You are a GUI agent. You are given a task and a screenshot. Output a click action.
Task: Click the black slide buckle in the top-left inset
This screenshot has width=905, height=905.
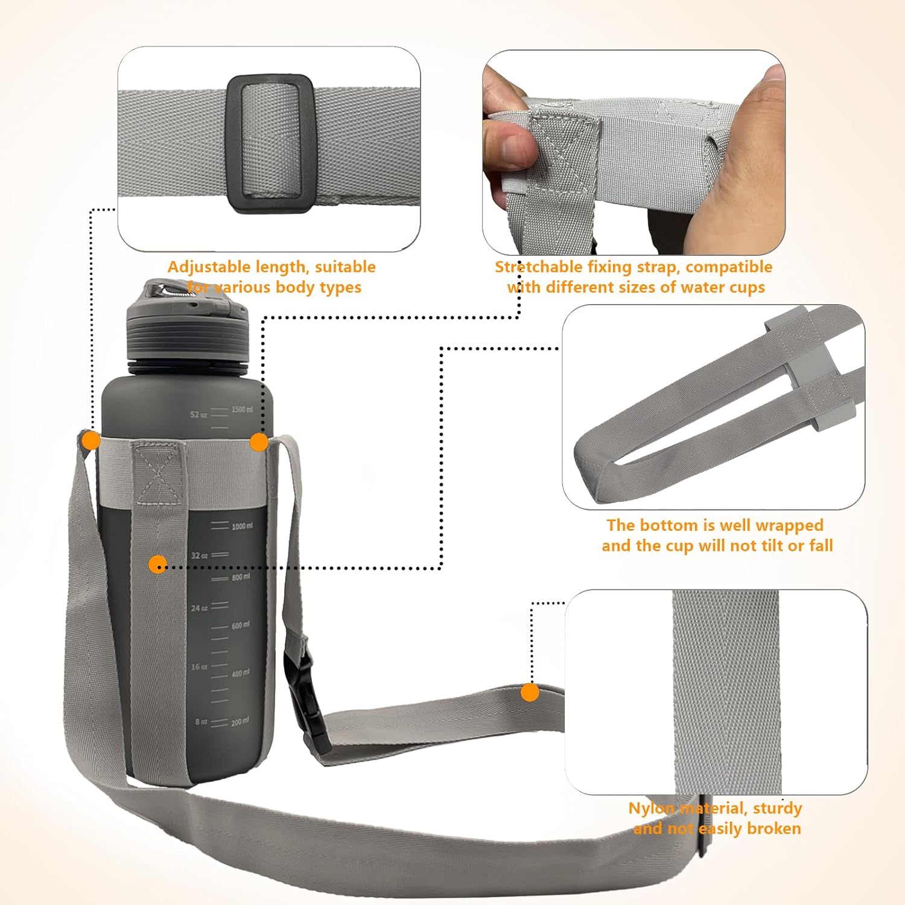point(270,144)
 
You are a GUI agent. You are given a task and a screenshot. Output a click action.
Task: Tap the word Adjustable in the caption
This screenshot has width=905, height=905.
point(208,267)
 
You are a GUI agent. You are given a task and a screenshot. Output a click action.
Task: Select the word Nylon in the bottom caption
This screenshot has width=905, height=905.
point(651,808)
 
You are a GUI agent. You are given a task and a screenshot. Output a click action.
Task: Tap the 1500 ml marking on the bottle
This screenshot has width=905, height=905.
point(242,410)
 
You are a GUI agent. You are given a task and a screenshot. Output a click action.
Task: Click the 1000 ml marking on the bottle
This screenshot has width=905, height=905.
point(242,526)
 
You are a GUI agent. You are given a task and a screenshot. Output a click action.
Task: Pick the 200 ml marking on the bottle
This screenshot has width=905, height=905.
point(240,722)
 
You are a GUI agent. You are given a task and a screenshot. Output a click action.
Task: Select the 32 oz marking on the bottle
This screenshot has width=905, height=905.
point(199,555)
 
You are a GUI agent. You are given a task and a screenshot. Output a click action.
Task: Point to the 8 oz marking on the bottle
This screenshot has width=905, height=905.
point(201,722)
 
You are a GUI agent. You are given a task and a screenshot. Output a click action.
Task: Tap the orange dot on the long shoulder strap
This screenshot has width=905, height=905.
point(530,692)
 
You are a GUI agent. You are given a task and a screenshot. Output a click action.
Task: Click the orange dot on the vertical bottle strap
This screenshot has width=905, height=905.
point(157,565)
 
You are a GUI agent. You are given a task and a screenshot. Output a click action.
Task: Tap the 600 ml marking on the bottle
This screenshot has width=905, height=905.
point(240,625)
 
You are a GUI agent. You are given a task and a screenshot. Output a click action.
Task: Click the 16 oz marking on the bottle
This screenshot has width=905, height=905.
point(199,667)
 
